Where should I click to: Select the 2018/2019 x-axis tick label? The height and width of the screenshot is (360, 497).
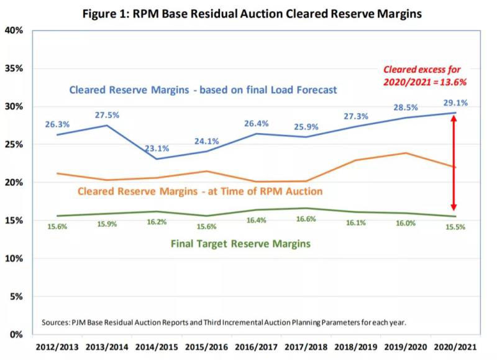click(353, 346)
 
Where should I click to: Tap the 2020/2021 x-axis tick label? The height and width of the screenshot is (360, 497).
click(455, 346)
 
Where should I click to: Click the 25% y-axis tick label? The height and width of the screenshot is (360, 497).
click(15, 144)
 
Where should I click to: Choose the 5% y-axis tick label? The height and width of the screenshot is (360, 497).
click(17, 297)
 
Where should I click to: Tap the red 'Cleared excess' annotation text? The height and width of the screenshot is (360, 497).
click(425, 75)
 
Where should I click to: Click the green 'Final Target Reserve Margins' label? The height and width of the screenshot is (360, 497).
click(240, 244)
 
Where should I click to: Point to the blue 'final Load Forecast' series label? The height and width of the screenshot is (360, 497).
click(203, 90)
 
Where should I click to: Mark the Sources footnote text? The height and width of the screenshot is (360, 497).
click(224, 322)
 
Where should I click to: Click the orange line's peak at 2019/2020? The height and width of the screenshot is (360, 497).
click(405, 153)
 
